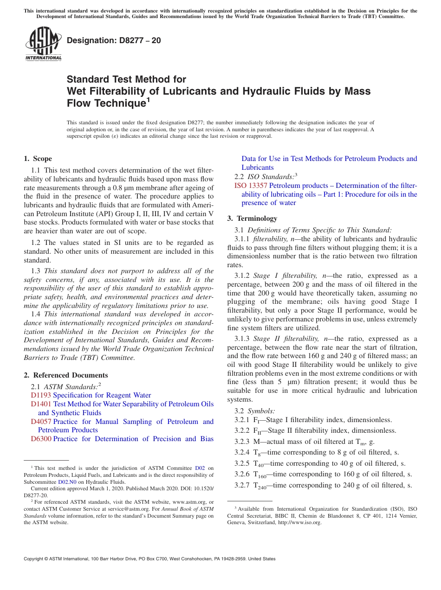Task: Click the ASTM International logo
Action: (x=43, y=45)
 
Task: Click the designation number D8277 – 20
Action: (x=114, y=40)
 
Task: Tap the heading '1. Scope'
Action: (x=38, y=159)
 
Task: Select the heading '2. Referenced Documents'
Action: (x=66, y=375)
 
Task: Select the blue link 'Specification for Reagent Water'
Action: (x=102, y=395)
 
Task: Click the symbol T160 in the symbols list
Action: (x=259, y=475)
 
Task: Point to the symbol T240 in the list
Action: (x=259, y=486)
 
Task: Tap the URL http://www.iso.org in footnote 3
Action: (x=299, y=522)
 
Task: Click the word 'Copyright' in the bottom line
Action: (x=34, y=559)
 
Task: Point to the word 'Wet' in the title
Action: (x=78, y=91)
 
